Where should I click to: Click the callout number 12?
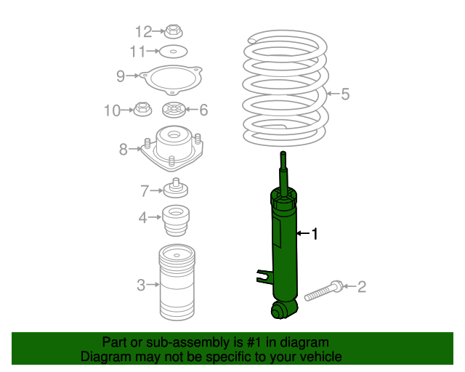pos(144,31)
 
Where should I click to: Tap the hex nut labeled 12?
pos(174,31)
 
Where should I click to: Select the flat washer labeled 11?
pos(174,52)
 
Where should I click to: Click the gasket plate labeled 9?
pos(171,80)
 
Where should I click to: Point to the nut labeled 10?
pos(142,109)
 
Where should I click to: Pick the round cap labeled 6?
pos(174,110)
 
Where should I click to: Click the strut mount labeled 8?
pos(172,148)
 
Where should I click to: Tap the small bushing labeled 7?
pos(176,188)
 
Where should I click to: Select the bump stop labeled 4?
pos(176,220)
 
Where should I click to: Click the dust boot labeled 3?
pos(177,282)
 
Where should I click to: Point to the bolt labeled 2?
pos(323,291)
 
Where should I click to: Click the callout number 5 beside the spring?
pos(345,94)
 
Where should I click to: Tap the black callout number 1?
pos(315,234)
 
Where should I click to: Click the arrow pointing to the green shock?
pos(303,233)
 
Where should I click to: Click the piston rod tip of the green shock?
pos(283,153)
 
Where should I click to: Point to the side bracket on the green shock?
pos(264,277)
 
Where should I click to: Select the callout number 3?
pos(141,285)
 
